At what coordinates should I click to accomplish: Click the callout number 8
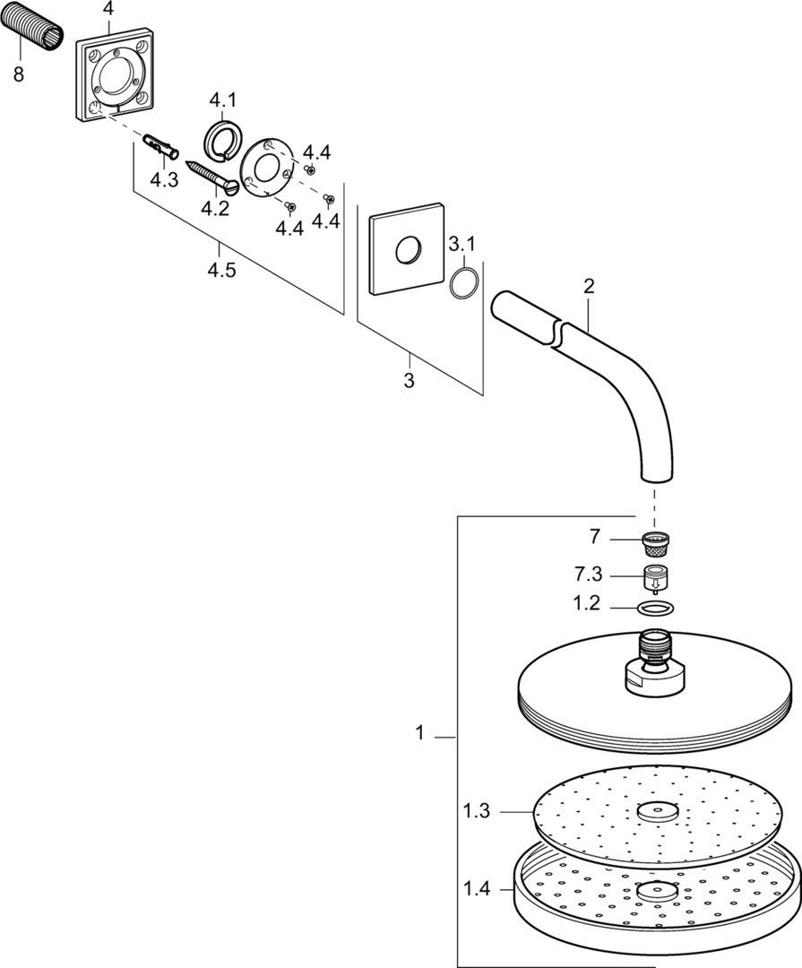click(x=19, y=74)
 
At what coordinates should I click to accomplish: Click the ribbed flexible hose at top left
click(x=31, y=31)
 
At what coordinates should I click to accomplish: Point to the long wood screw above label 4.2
click(x=212, y=177)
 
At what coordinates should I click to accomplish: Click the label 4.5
click(x=221, y=271)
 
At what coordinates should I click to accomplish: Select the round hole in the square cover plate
click(x=407, y=250)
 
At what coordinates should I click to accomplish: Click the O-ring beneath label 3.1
click(x=463, y=282)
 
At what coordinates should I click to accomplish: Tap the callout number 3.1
click(x=461, y=245)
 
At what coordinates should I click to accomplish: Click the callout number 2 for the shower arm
click(x=589, y=287)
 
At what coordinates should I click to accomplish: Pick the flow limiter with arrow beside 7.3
click(x=656, y=577)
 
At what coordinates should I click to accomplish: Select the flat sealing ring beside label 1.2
click(x=655, y=608)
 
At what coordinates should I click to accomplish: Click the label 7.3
click(x=588, y=575)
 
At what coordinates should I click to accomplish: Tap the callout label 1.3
click(x=477, y=810)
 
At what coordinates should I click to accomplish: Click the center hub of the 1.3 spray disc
click(x=656, y=811)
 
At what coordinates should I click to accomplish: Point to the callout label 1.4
click(x=477, y=889)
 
